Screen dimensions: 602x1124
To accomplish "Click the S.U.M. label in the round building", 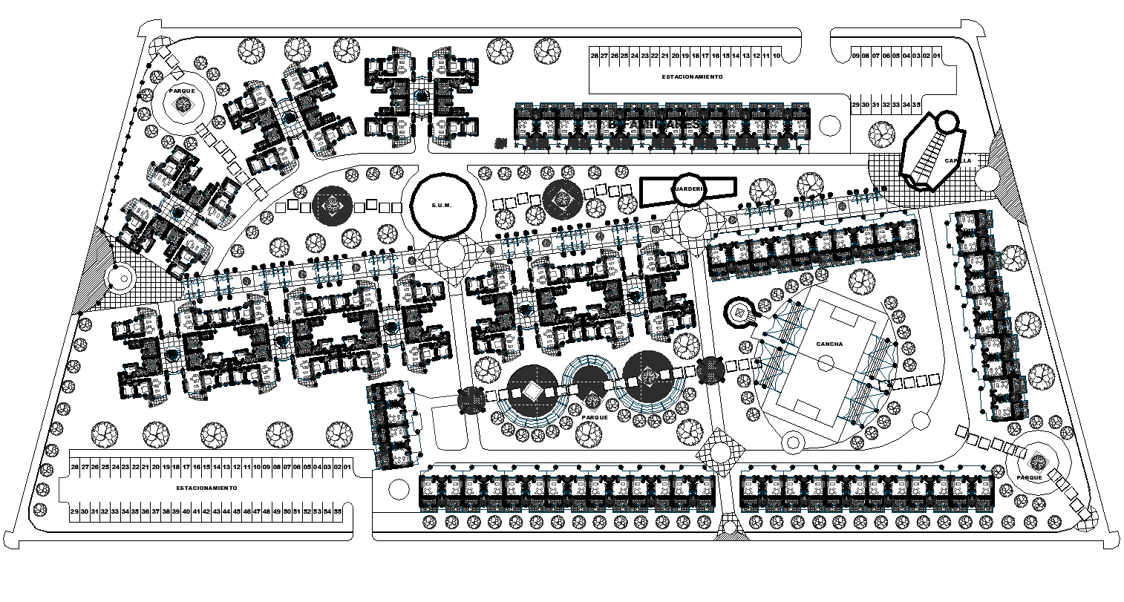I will point(444,206).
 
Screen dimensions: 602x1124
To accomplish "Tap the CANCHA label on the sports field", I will point(828,344).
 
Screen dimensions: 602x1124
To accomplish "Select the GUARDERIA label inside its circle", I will point(687,189).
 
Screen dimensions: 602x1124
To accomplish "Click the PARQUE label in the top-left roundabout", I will point(181,91).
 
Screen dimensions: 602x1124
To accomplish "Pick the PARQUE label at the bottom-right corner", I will point(1030,478).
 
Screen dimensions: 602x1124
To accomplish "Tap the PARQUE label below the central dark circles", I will point(595,418).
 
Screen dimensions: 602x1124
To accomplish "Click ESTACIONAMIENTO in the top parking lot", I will point(693,76).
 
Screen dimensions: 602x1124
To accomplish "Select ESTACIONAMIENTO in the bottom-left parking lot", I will point(206,488).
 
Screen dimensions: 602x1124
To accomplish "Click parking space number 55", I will point(337,511).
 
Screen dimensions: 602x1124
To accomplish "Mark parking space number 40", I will point(186,511).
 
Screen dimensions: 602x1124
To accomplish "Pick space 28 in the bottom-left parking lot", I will point(74,466).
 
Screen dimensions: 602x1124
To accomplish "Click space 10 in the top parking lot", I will point(776,56).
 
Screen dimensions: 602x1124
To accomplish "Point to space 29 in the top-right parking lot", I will point(855,105).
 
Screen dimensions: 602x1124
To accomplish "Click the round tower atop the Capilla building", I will point(947,120).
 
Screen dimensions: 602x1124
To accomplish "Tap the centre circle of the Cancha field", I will point(823,364).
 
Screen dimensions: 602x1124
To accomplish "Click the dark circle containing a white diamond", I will point(532,390).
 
